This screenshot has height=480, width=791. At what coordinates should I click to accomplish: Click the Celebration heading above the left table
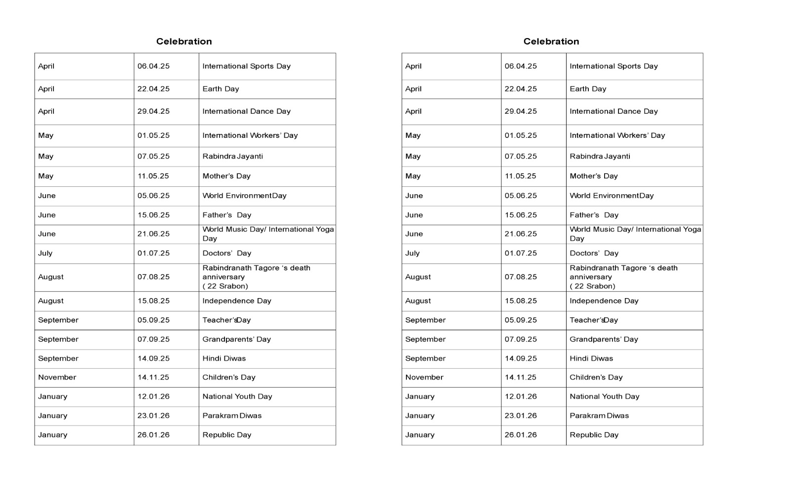[x=184, y=42]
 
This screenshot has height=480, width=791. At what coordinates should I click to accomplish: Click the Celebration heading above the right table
[x=551, y=42]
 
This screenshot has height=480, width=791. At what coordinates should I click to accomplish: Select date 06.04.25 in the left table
[x=153, y=66]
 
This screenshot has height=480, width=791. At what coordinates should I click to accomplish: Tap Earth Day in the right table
[x=588, y=89]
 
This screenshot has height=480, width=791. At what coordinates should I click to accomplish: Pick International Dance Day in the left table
[x=246, y=111]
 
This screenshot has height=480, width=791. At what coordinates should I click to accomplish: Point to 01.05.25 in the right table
[x=521, y=135]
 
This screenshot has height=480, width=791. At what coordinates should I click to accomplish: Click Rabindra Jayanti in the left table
[x=232, y=156]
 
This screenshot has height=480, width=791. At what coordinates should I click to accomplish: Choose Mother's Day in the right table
[x=593, y=176]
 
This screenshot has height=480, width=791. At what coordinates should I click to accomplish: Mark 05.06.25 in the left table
[x=153, y=196]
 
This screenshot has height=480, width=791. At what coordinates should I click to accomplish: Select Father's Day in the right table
[x=594, y=215]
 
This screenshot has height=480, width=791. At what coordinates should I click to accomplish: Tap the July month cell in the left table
[x=45, y=253]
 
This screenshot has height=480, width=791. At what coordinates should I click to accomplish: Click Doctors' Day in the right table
[x=594, y=253]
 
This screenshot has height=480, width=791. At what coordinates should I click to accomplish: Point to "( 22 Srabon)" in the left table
[x=225, y=286]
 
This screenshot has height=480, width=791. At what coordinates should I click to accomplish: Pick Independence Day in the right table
[x=604, y=301]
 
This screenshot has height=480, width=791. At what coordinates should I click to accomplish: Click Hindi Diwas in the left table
[x=224, y=358]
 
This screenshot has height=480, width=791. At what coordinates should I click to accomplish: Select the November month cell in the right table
[x=424, y=377]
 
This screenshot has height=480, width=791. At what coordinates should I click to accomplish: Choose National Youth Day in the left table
[x=237, y=396]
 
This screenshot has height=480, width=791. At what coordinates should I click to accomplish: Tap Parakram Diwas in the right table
[x=599, y=416]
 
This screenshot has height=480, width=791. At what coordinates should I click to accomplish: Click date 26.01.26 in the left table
[x=153, y=435]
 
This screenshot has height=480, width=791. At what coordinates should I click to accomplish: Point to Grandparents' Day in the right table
[x=604, y=340]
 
